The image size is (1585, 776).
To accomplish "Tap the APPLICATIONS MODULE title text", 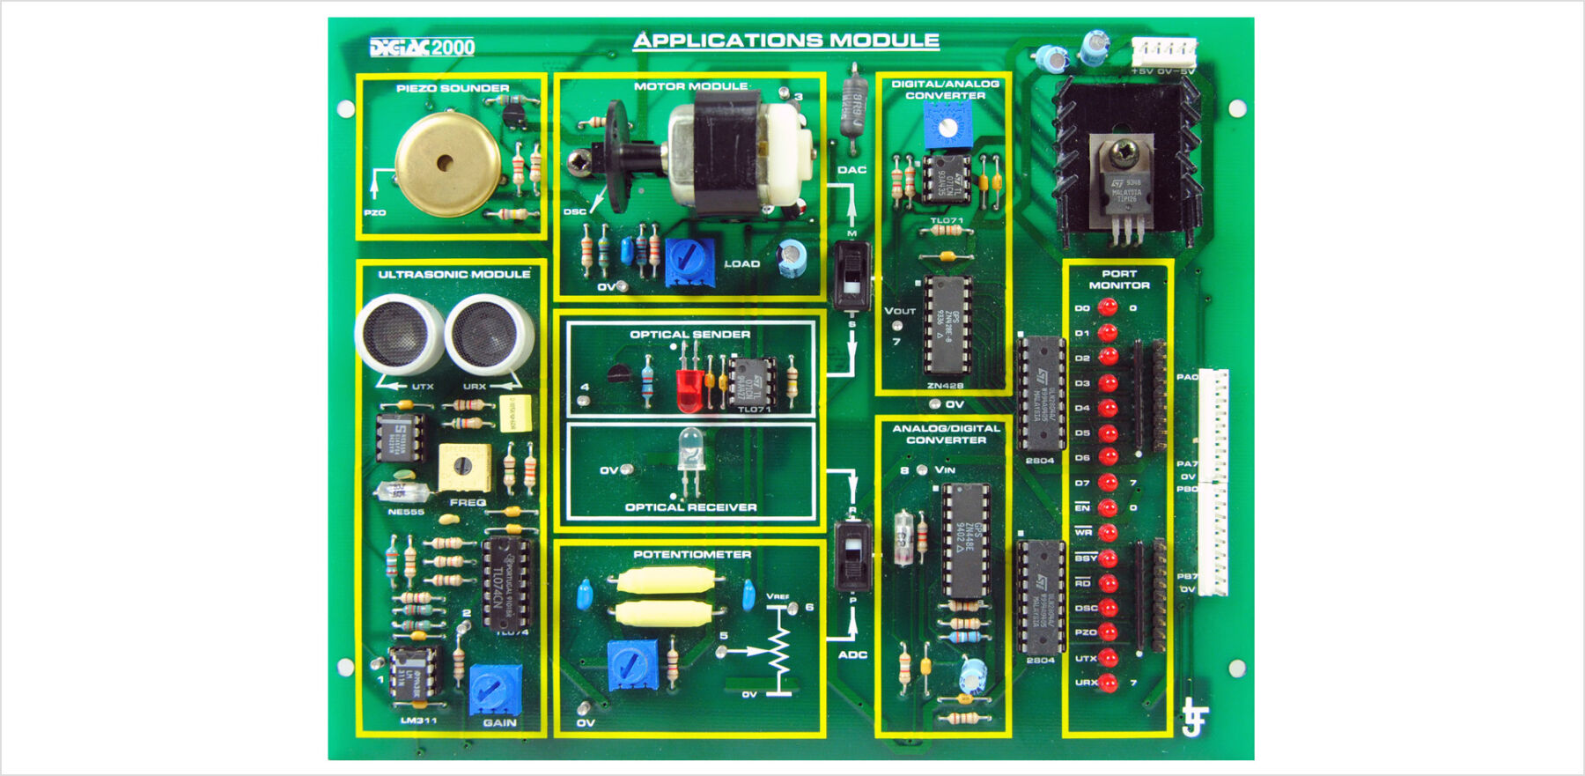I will [x=786, y=41].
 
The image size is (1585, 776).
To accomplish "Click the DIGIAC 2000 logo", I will [x=422, y=48].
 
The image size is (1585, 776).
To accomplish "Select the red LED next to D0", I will [x=1108, y=307].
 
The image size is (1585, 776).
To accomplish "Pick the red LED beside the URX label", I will [x=1108, y=683].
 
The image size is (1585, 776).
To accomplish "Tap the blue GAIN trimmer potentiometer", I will [x=495, y=690].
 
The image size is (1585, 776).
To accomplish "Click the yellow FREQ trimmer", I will [x=464, y=468].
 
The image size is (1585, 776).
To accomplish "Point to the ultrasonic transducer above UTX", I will [x=399, y=334].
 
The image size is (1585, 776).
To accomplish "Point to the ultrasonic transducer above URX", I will [x=490, y=334].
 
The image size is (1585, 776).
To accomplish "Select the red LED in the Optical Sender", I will [x=689, y=388].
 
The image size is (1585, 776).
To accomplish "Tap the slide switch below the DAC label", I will [x=851, y=276].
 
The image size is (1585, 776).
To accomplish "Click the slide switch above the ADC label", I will [x=852, y=557].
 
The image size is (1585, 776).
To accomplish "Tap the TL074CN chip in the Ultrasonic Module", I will [x=507, y=583].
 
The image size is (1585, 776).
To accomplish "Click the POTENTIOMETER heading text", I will [x=692, y=555].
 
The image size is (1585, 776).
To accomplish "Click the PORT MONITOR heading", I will [x=1119, y=279].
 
